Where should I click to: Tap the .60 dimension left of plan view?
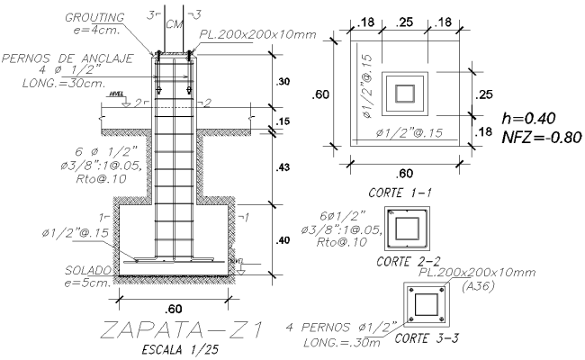(x=321, y=94)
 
